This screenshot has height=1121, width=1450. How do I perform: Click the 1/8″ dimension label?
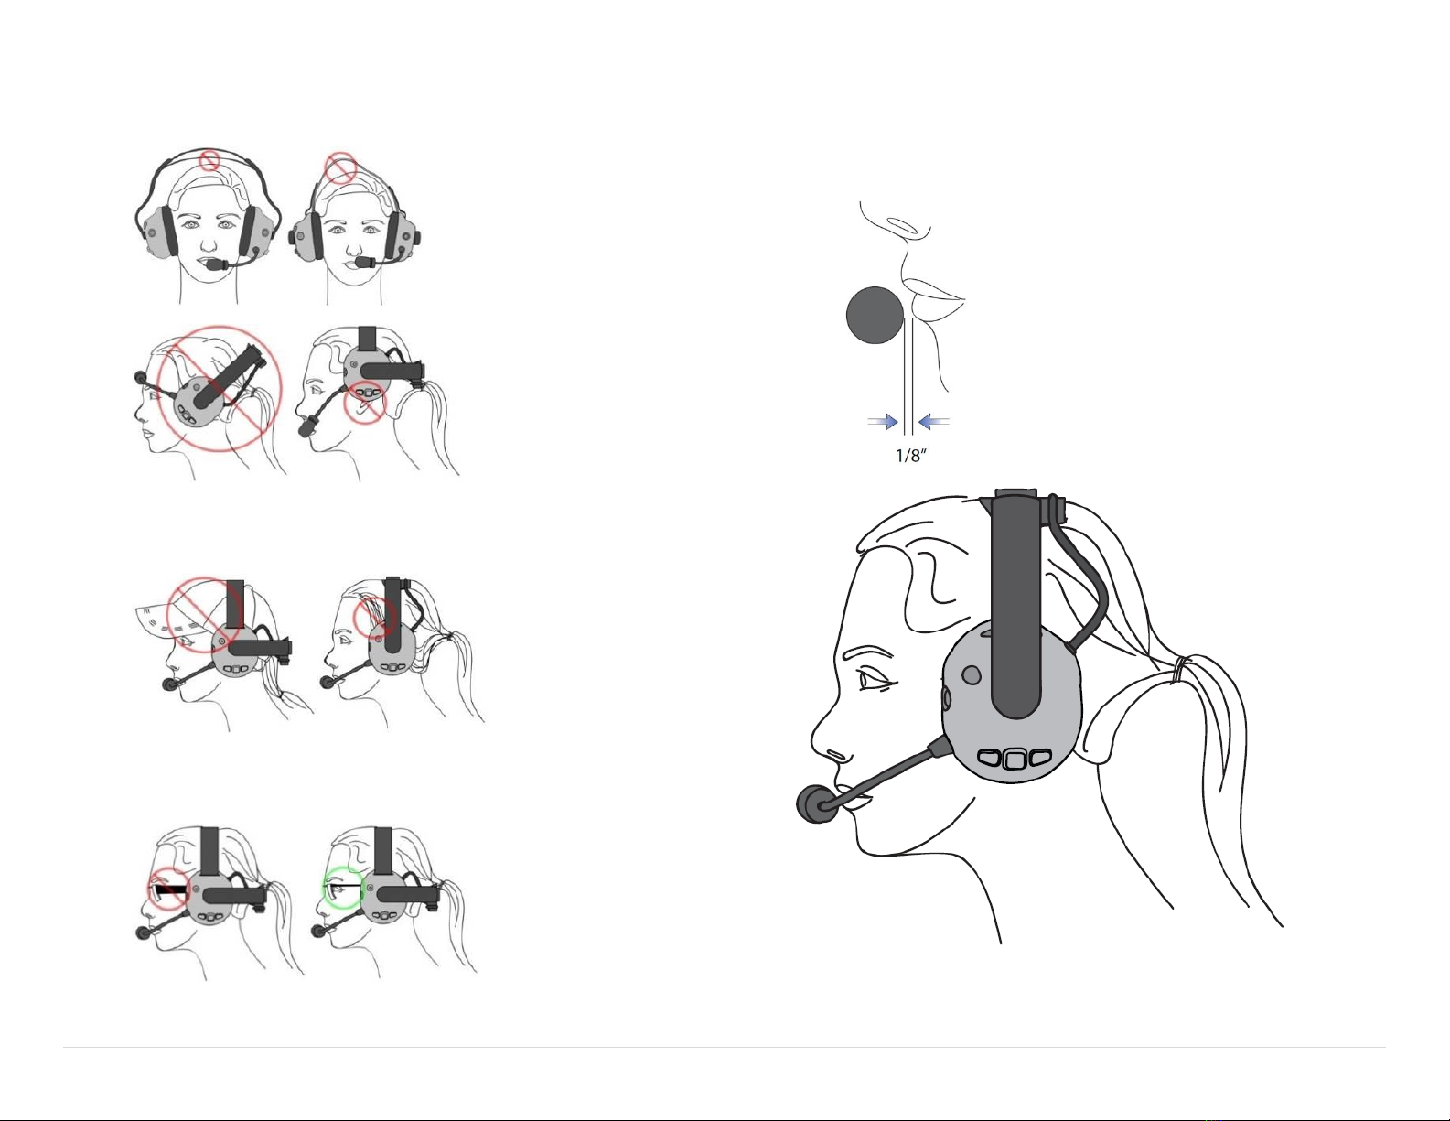[x=911, y=456]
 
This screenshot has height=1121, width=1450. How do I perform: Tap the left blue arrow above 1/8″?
[x=883, y=421]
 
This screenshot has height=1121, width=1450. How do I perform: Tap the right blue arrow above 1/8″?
[x=933, y=421]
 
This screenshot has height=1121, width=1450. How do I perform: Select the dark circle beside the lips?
[x=875, y=315]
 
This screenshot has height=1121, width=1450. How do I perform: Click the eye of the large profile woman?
[x=875, y=681]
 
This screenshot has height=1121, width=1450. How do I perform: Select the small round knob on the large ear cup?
[x=972, y=676]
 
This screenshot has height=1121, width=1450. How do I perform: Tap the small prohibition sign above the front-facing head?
[x=210, y=160]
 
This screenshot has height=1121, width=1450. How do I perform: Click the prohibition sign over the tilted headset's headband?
[x=341, y=168]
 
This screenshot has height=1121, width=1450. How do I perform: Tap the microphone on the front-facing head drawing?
[x=216, y=264]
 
